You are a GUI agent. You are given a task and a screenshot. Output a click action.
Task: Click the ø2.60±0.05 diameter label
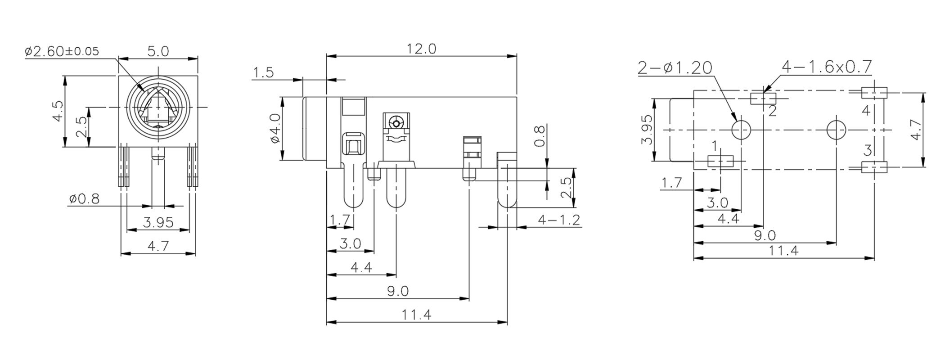tap(62, 51)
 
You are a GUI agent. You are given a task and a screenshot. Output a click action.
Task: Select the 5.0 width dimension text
tap(158, 51)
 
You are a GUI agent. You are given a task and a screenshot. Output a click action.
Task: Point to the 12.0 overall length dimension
tap(422, 49)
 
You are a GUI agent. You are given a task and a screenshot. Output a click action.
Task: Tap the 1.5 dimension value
tap(263, 72)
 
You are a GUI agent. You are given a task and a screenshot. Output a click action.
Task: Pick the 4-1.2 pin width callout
tap(559, 220)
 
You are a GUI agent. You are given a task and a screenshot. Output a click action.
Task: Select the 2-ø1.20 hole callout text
tap(675, 68)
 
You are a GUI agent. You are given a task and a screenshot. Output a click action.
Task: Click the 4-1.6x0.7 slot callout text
tap(827, 67)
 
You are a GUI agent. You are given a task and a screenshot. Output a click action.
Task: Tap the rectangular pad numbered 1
tap(720, 162)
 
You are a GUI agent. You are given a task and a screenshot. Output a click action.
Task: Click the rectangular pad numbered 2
tap(764, 99)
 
